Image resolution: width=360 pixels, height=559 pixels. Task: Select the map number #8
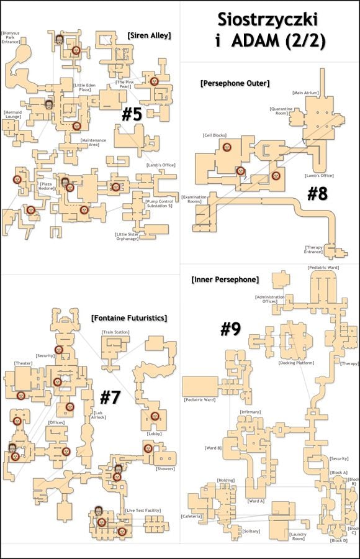point(317,194)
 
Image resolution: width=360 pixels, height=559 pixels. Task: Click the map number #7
point(110,398)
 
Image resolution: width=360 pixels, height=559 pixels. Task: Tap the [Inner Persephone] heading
point(225,279)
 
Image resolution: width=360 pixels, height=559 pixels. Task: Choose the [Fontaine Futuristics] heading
point(128,318)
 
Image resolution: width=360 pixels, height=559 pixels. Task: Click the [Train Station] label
point(115,332)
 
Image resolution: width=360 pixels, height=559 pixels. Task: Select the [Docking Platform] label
point(295,363)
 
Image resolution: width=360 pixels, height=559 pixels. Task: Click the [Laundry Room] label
point(298,536)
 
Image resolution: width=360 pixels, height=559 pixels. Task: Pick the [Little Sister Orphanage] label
point(127,237)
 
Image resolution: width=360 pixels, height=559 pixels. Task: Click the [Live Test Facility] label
point(138,511)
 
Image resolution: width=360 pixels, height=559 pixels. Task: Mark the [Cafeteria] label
point(191,516)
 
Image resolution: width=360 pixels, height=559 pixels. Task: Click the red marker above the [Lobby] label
point(155,416)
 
